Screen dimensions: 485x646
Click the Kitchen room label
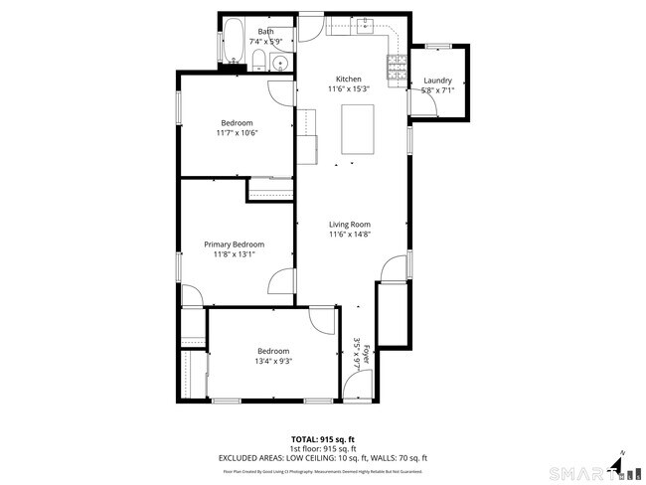(349, 79)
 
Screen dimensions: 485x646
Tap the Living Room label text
(349, 225)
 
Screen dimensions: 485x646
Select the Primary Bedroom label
(235, 244)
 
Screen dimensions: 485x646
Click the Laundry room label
(437, 81)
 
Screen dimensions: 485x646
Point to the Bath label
(265, 32)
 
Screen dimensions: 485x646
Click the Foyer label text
(366, 353)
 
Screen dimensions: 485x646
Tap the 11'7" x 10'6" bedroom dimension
(238, 133)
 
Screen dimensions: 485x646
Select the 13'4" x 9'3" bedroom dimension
(273, 362)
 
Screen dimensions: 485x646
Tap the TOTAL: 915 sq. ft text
(323, 438)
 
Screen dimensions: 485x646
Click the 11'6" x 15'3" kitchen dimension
(349, 89)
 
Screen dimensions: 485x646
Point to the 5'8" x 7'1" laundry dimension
(437, 90)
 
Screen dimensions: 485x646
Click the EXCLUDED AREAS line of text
(323, 458)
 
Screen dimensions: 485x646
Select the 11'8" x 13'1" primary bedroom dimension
(235, 254)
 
